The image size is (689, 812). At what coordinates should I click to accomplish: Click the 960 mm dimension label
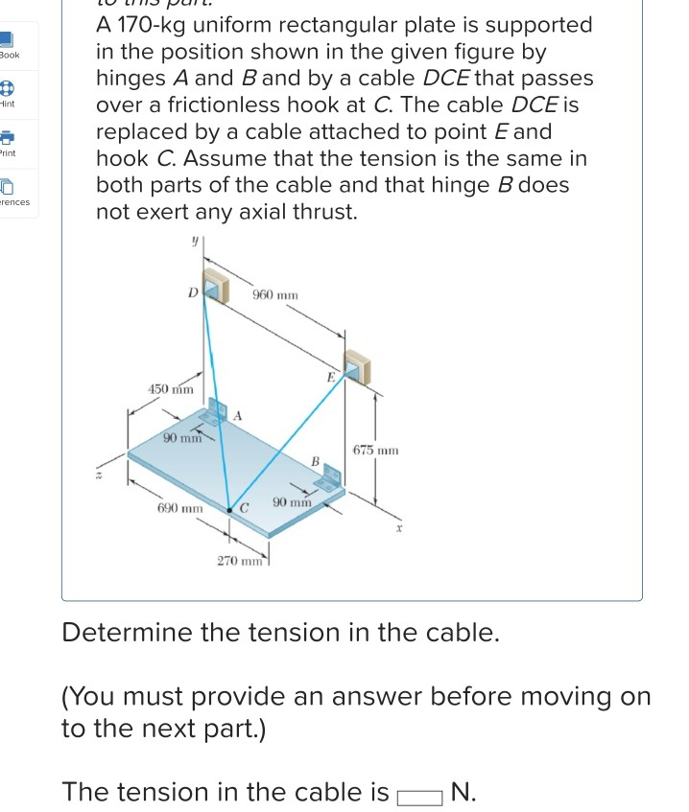(x=274, y=295)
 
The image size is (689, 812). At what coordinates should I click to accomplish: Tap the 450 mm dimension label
(x=170, y=389)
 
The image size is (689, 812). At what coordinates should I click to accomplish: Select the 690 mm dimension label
(x=179, y=506)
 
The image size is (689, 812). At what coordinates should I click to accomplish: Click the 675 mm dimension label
(x=375, y=449)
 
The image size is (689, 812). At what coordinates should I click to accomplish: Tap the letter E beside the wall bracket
(x=330, y=377)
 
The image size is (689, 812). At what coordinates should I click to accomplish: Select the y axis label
(x=194, y=245)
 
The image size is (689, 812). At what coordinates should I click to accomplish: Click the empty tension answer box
(x=418, y=794)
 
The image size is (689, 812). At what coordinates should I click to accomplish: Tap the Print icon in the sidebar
(x=7, y=139)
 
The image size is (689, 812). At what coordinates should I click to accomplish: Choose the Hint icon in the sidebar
(x=7, y=89)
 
